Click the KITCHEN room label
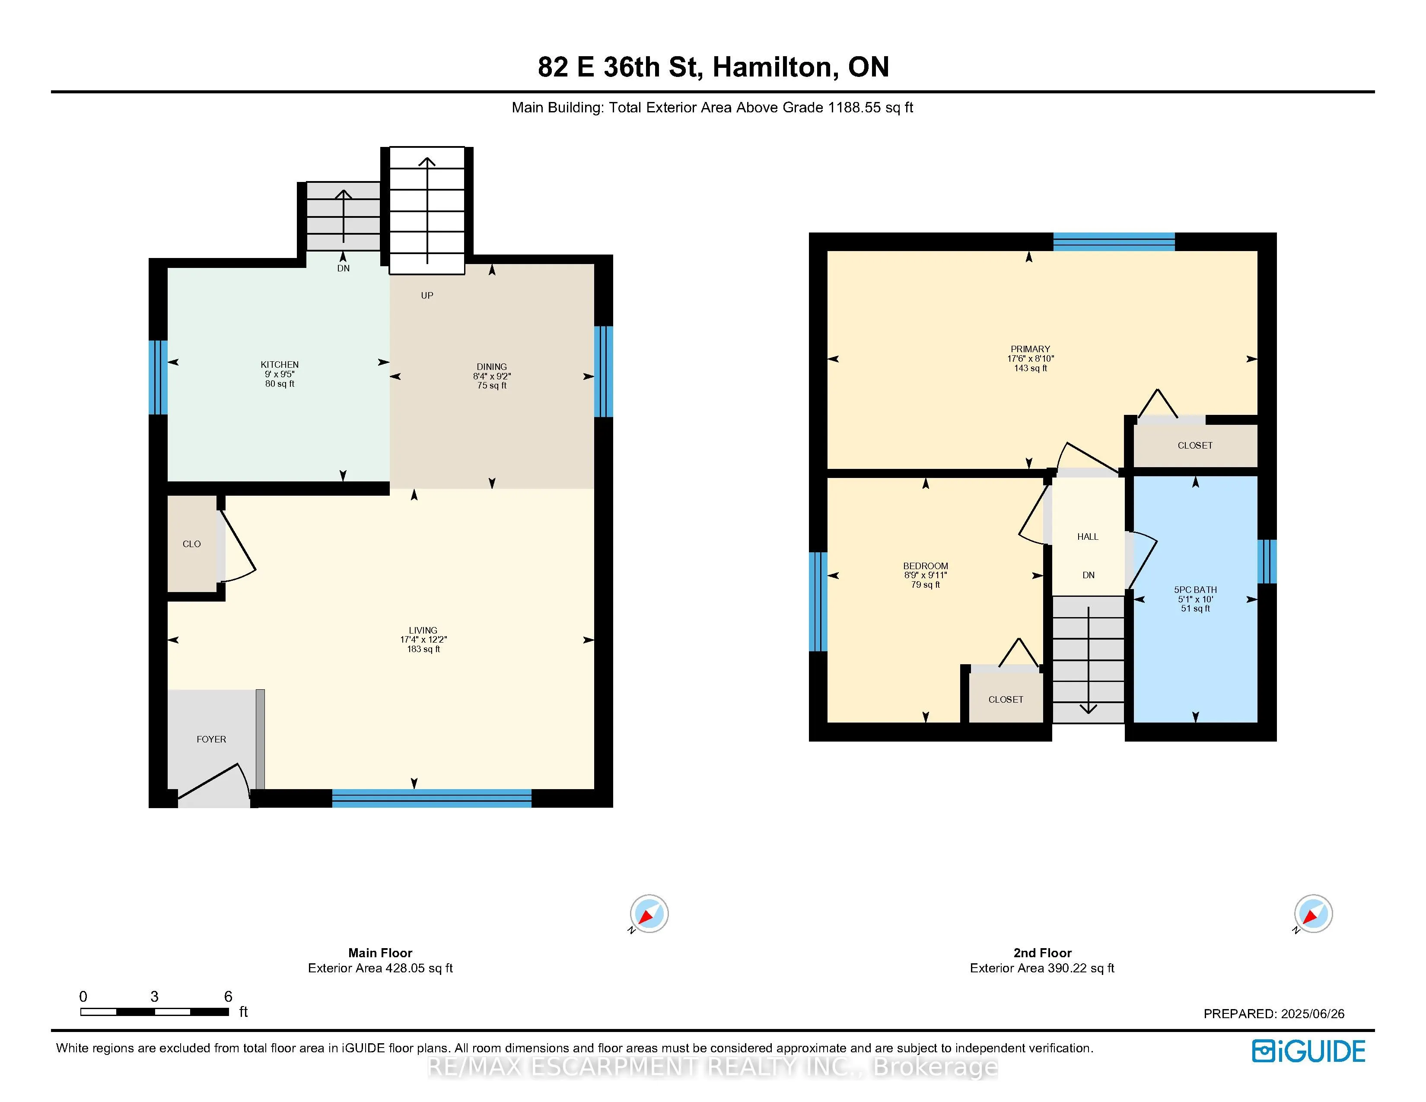point(280,365)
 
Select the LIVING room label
point(423,631)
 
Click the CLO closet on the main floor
point(192,544)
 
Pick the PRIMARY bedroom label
point(1030,349)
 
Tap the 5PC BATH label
point(1196,589)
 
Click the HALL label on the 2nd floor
point(1088,537)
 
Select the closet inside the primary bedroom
point(1195,445)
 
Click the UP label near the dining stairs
point(427,296)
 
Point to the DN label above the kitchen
point(344,268)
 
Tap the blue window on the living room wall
point(432,799)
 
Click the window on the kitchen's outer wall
point(158,377)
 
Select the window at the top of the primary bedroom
point(1114,242)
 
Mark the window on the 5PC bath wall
point(1267,561)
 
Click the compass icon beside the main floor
point(649,913)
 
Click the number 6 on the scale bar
point(228,996)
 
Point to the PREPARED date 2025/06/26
point(1312,1014)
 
